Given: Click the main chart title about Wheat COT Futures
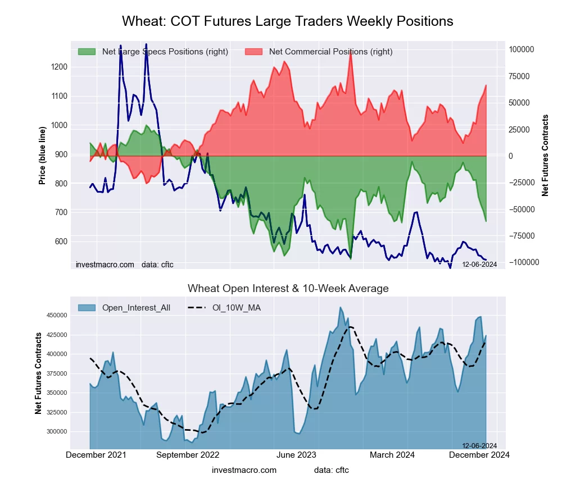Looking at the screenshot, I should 287,21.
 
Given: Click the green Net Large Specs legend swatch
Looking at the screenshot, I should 87,52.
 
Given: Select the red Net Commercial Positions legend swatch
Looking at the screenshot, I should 254,52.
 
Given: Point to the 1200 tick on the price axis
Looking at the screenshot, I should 58,67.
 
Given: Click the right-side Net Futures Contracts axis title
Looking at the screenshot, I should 545,155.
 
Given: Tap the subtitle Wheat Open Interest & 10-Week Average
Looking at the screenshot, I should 288,289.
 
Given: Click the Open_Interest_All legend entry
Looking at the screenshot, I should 135,307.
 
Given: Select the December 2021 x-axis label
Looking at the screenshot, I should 96,455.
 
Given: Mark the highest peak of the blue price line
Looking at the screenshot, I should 146,44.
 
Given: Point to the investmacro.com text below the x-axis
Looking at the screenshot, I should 244,470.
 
